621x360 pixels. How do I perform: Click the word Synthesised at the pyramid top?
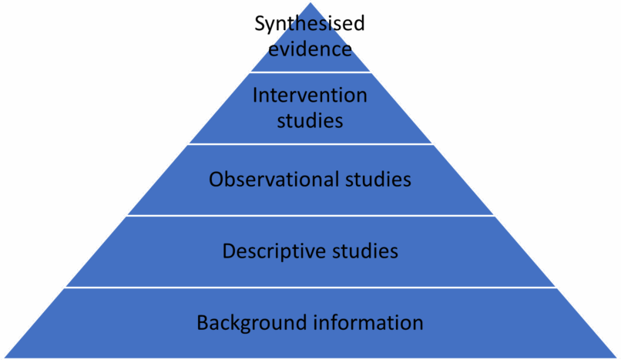(x=310, y=25)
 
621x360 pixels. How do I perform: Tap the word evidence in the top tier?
(x=310, y=49)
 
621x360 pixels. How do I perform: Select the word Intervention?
(x=310, y=96)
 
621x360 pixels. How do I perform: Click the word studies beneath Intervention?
(x=310, y=120)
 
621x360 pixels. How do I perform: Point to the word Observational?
(x=272, y=180)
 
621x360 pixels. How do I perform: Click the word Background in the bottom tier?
(x=242, y=322)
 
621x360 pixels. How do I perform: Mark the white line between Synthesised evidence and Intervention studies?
(x=310, y=72)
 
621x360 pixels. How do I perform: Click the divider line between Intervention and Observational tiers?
(x=310, y=144)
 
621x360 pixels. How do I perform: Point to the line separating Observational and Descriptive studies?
(x=310, y=216)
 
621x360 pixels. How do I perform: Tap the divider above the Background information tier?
(x=310, y=288)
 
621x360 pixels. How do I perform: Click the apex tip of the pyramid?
(x=310, y=2)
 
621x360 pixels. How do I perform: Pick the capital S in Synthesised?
(x=260, y=25)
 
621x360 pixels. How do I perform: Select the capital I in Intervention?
(x=256, y=96)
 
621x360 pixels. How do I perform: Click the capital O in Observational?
(x=216, y=180)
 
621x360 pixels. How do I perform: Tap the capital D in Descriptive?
(x=228, y=251)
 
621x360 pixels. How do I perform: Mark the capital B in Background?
(x=202, y=322)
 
